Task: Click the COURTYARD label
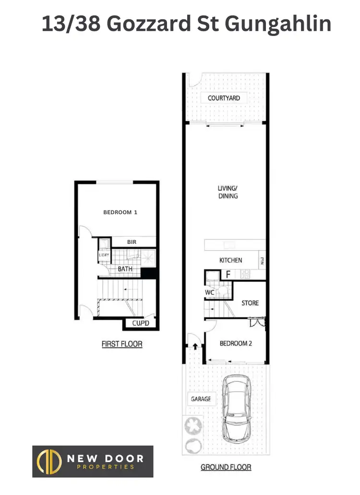coord(224,98)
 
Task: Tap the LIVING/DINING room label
coord(228,192)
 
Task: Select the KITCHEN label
coord(230,260)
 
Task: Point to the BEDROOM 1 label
coord(120,212)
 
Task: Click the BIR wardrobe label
coord(132,242)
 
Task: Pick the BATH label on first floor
coord(125,269)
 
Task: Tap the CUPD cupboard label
coord(140,323)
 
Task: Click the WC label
coord(209,292)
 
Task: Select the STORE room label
coord(250,303)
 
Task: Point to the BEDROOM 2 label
coord(236,343)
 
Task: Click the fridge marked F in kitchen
coord(228,275)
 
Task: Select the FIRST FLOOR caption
coord(122,344)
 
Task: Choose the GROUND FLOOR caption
coord(226,467)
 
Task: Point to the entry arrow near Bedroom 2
coord(196,346)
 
